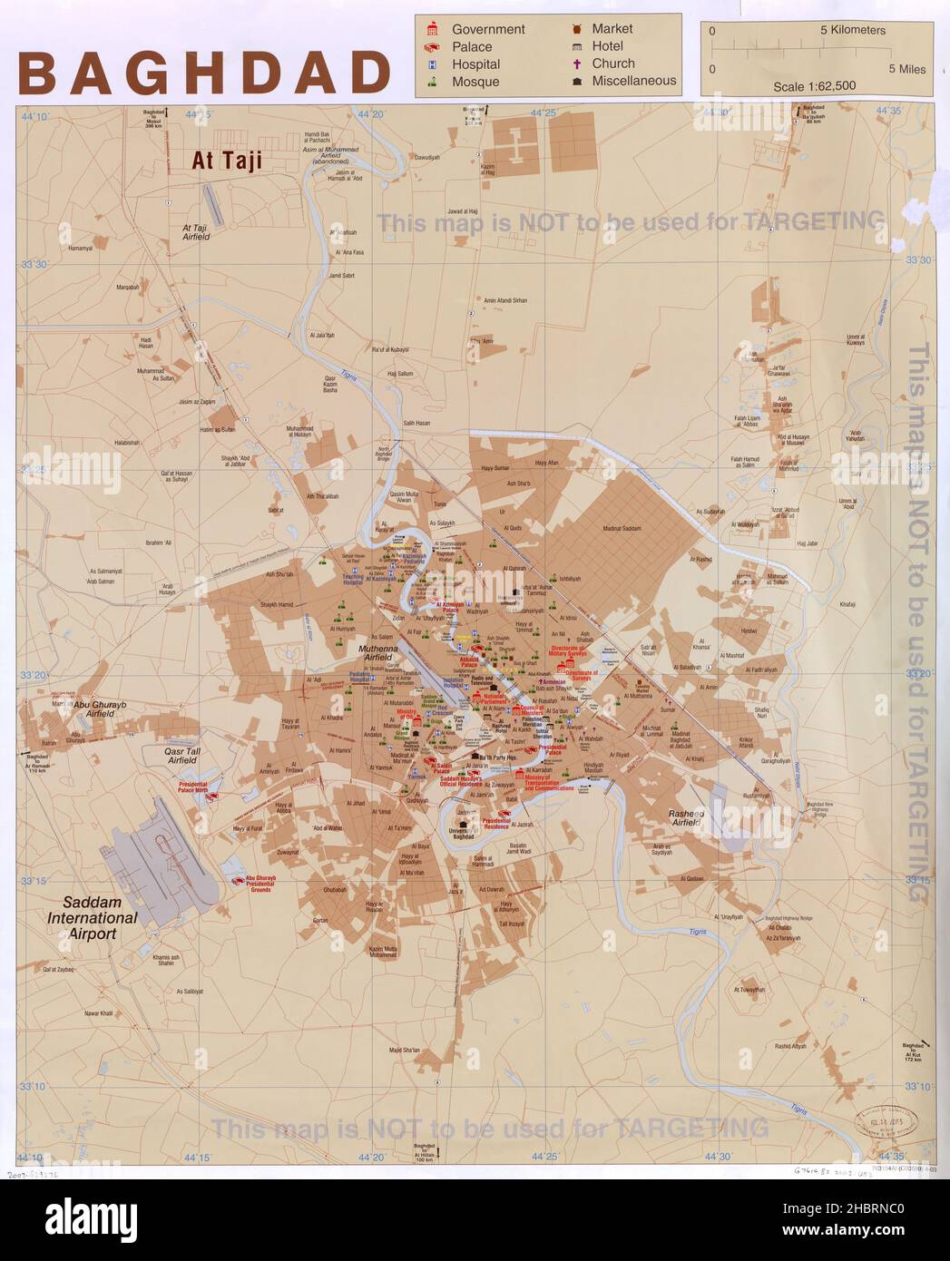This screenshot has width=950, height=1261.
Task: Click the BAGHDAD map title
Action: coord(204,73)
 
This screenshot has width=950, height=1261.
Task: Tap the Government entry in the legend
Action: coord(487,29)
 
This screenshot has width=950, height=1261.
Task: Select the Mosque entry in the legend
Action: coord(475,82)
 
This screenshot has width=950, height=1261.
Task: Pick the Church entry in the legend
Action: coord(612,64)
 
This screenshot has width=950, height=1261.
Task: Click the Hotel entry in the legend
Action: coord(607,46)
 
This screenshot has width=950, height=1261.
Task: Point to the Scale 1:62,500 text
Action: coord(813,86)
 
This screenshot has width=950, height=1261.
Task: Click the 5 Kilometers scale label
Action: coord(852,30)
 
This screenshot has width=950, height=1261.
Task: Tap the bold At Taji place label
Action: coord(226,161)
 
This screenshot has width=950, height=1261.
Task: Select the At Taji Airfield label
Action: coord(196,232)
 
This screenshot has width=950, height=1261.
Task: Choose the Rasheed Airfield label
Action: coord(699,818)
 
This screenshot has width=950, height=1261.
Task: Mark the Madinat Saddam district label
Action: coord(621,528)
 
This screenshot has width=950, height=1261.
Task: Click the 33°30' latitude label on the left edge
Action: coord(33,264)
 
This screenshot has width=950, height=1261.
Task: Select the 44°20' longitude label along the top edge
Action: coord(371,114)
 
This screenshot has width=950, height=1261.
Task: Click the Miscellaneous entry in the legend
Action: coord(633,81)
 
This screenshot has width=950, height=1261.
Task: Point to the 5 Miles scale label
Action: coord(906,69)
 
